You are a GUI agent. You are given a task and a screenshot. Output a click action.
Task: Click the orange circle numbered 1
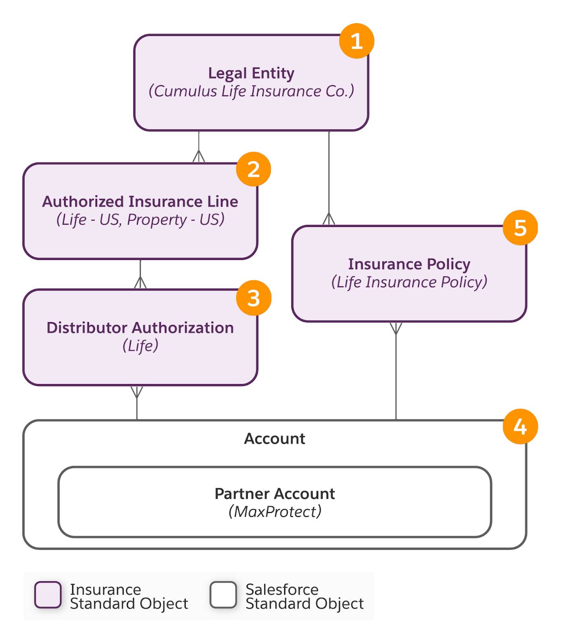pyautogui.click(x=357, y=41)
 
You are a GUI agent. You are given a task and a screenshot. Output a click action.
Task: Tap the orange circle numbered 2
pyautogui.click(x=253, y=169)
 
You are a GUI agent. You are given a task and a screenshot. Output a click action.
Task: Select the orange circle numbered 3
pyautogui.click(x=253, y=298)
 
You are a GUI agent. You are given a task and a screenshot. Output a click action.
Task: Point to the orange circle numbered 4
pyautogui.click(x=520, y=427)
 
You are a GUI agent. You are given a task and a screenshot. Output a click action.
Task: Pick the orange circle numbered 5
pyautogui.click(x=520, y=228)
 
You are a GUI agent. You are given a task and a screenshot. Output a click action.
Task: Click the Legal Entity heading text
pyautogui.click(x=251, y=73)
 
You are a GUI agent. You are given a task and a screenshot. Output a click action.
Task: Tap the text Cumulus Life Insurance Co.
pyautogui.click(x=251, y=91)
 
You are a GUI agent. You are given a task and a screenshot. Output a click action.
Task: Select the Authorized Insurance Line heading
pyautogui.click(x=140, y=201)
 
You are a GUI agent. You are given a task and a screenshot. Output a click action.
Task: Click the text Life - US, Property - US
pyautogui.click(x=140, y=219)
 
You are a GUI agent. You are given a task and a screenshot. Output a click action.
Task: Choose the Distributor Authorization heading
pyautogui.click(x=140, y=328)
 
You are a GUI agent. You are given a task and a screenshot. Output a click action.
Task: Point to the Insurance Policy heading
pyautogui.click(x=409, y=264)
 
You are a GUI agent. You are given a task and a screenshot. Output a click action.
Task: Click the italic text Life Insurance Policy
pyautogui.click(x=409, y=282)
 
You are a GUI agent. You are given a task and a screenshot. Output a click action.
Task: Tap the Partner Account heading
pyautogui.click(x=275, y=493)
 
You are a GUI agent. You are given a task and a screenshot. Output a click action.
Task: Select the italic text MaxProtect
pyautogui.click(x=275, y=512)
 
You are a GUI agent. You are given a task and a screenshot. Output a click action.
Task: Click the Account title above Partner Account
pyautogui.click(x=275, y=438)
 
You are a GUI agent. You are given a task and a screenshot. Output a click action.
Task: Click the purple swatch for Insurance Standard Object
pyautogui.click(x=48, y=594)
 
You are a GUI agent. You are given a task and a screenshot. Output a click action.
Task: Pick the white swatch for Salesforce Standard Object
pyautogui.click(x=223, y=594)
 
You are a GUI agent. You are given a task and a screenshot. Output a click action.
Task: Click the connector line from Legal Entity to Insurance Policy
pyautogui.click(x=329, y=178)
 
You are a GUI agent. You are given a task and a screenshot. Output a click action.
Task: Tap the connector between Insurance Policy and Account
pyautogui.click(x=396, y=371)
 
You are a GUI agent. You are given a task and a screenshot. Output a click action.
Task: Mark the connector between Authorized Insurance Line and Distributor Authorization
pyautogui.click(x=140, y=274)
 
